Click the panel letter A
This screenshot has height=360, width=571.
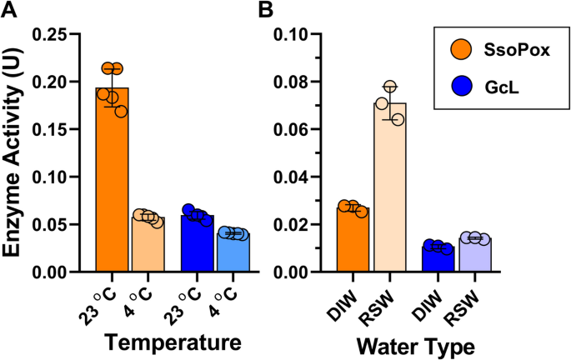(x=11, y=11)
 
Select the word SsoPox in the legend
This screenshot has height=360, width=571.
(x=510, y=51)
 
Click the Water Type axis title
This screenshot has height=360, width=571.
(x=416, y=342)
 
